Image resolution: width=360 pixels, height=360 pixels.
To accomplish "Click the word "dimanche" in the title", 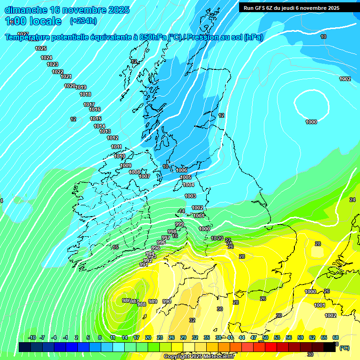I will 25,10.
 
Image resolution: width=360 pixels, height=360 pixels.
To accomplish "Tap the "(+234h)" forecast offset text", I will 83,21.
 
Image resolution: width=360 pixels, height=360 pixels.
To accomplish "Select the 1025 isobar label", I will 41,48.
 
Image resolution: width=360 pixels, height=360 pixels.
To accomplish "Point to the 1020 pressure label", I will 69,86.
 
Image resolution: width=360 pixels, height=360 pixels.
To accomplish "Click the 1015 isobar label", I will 96,119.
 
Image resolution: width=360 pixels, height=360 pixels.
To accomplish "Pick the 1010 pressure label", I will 120,156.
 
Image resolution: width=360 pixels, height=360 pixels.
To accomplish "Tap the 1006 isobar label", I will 181,170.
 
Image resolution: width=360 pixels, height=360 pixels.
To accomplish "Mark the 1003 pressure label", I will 190,196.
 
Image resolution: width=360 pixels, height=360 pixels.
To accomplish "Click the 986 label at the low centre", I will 126,300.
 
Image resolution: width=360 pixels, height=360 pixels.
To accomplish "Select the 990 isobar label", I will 167,301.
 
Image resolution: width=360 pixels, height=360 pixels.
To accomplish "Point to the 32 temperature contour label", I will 192,320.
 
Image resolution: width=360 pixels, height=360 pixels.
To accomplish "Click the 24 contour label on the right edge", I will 352,200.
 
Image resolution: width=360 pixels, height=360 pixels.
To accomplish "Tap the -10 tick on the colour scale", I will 32,337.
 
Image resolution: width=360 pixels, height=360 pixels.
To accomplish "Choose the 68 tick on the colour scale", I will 336,337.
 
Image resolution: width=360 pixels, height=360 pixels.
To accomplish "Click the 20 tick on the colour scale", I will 148,337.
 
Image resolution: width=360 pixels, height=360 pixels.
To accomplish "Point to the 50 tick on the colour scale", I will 265,337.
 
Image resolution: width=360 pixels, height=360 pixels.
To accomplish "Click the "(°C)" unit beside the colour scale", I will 344,348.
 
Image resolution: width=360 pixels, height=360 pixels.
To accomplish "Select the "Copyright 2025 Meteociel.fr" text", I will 199,356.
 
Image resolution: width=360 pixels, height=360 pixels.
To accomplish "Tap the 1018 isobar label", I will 85,94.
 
